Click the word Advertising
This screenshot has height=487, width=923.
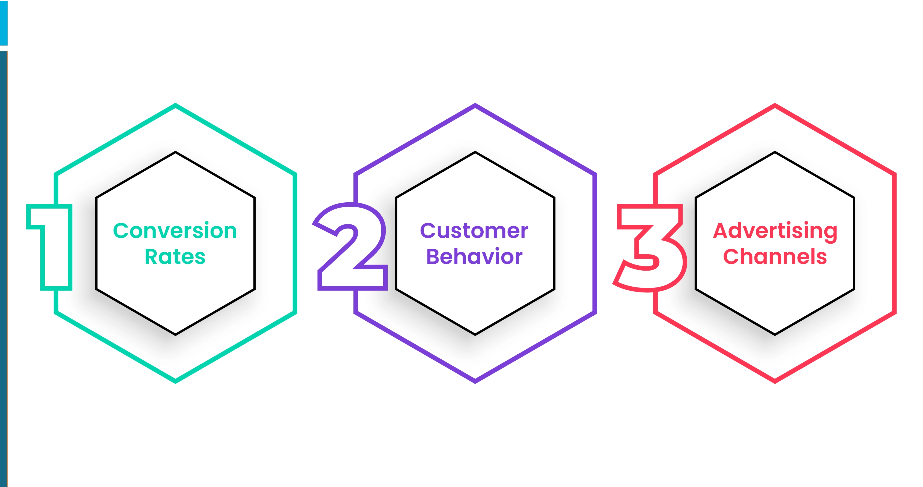pos(775,231)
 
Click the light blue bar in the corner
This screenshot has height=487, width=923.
pos(4,22)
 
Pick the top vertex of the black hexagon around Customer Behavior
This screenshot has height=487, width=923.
pos(475,153)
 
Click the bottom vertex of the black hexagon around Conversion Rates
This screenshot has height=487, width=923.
pos(175,334)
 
